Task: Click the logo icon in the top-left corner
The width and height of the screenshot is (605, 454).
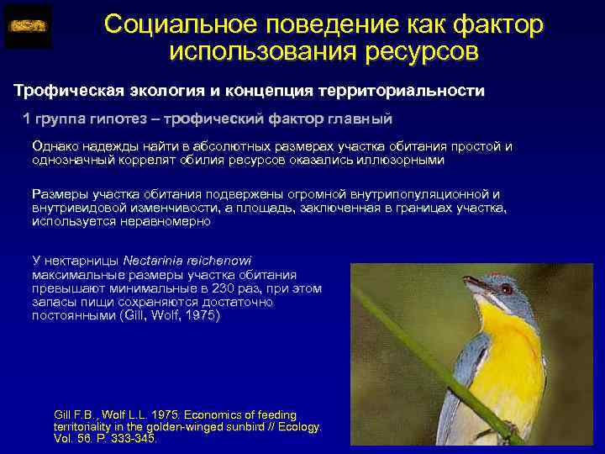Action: pyautogui.click(x=28, y=26)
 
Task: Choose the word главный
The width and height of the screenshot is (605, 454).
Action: pyautogui.click(x=359, y=118)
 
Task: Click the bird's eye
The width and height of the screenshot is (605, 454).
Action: pyautogui.click(x=506, y=288)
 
